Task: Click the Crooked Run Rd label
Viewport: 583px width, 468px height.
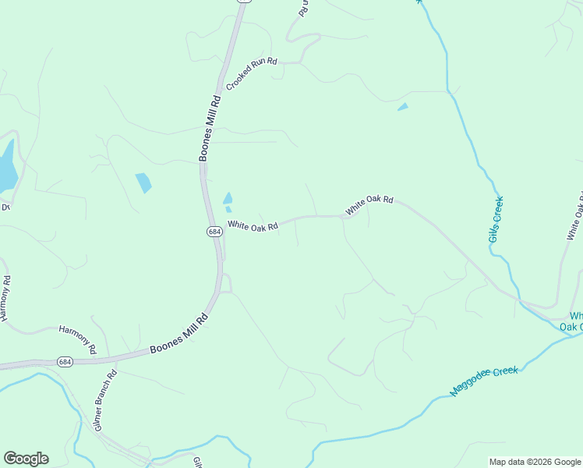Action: coord(252,72)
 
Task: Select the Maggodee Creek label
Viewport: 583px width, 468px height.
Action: coord(484,381)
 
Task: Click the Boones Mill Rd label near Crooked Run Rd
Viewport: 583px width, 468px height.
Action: coord(210,128)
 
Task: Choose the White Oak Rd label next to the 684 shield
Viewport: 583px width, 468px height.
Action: coord(253,226)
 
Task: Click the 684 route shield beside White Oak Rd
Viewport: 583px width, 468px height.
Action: coord(214,232)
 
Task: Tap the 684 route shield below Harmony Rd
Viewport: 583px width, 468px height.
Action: coord(65,361)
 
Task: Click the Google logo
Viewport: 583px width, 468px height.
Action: coord(26,459)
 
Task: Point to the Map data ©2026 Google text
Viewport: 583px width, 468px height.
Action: coord(535,462)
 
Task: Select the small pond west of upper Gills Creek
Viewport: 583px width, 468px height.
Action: coord(402,107)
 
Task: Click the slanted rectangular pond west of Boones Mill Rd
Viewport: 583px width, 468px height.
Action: coord(143,183)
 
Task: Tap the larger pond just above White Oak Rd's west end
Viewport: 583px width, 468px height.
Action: coord(228,198)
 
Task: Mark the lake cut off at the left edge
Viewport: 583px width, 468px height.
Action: coord(6,165)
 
